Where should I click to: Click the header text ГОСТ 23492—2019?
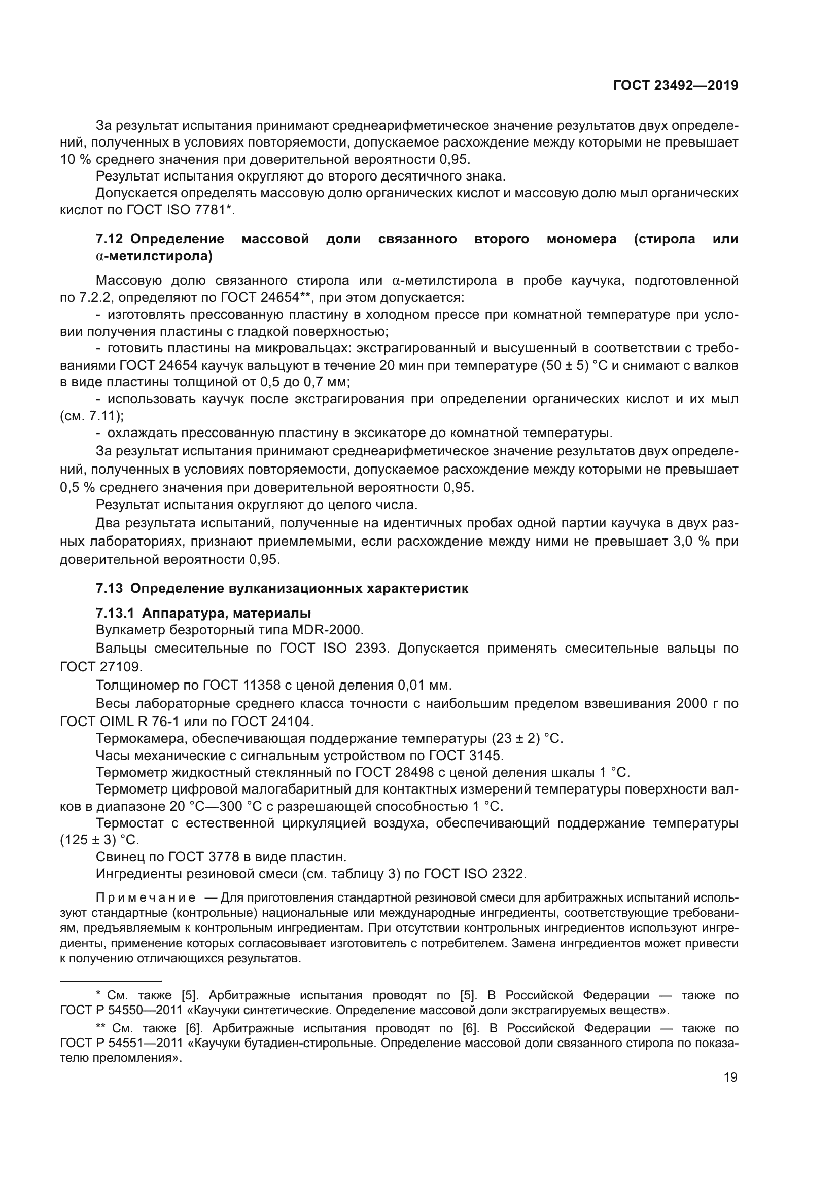click(675, 85)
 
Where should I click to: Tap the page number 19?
click(730, 1077)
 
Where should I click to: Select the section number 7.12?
click(109, 239)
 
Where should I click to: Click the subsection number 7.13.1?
click(115, 613)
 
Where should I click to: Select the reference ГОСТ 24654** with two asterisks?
click(267, 298)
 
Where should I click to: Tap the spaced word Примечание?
click(146, 898)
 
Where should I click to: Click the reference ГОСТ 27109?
click(100, 667)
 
